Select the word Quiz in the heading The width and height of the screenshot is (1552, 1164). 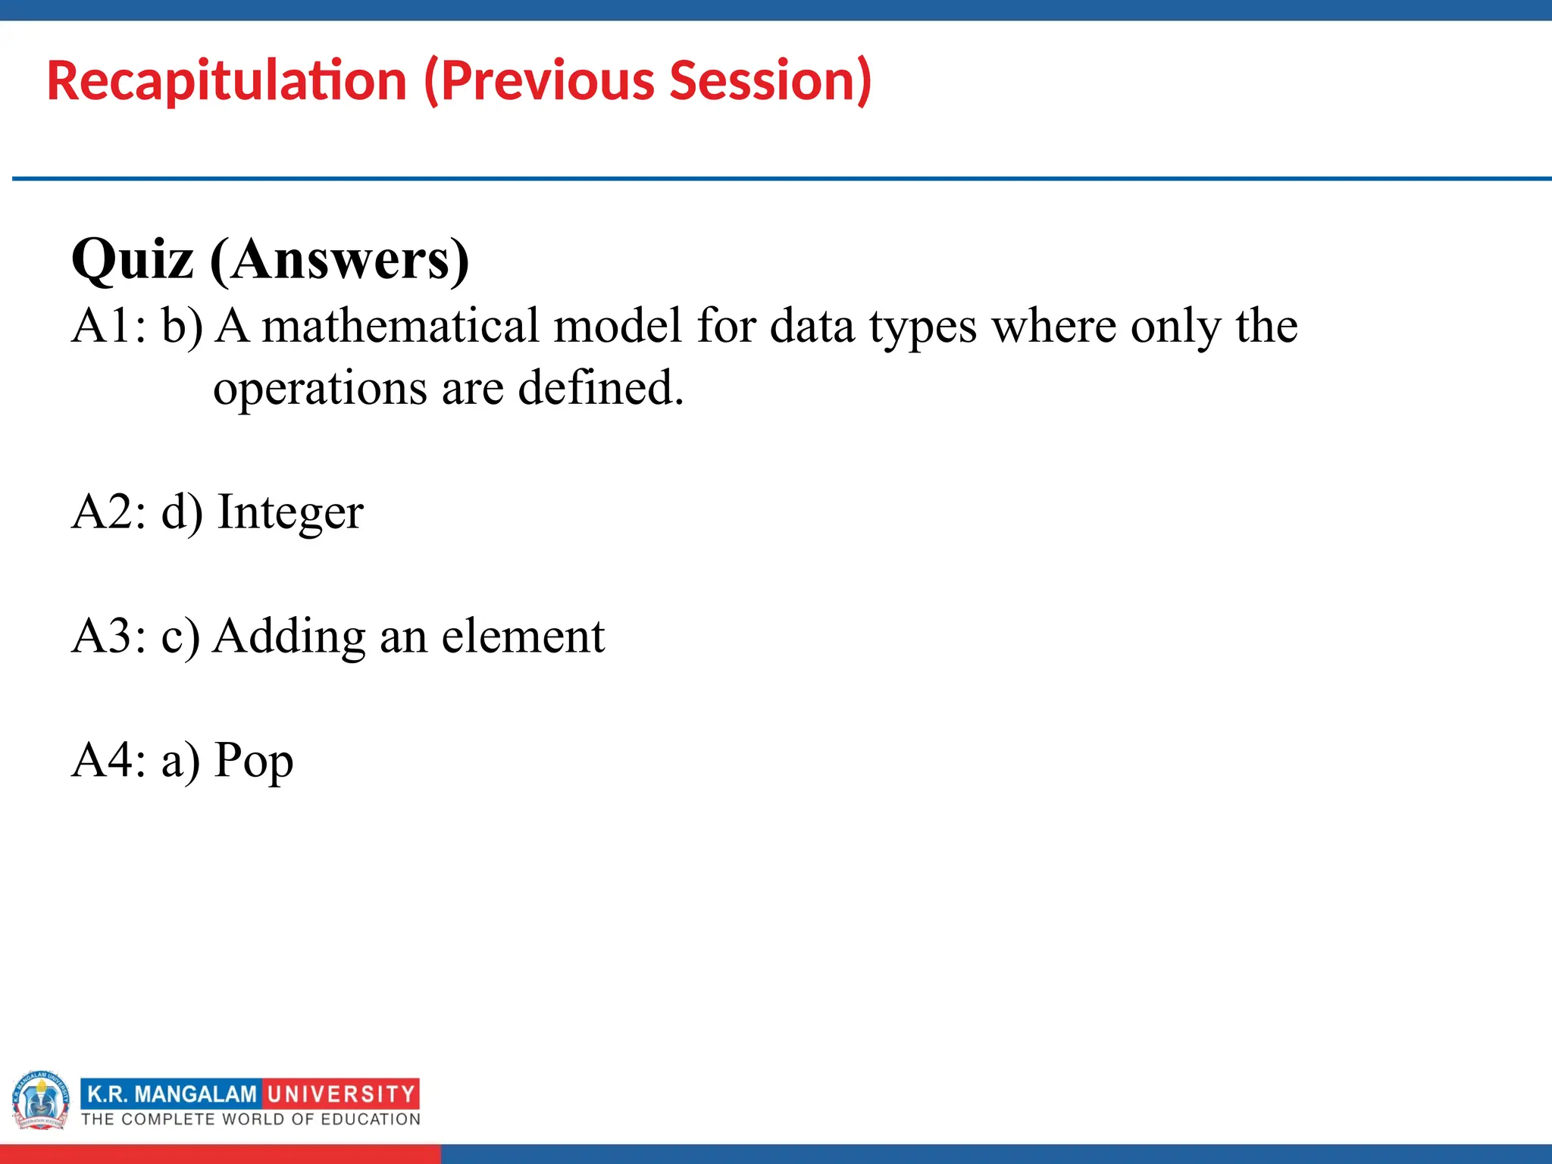(x=133, y=260)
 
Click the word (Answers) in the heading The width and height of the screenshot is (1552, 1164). (x=339, y=260)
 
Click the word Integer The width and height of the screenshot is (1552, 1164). (x=291, y=512)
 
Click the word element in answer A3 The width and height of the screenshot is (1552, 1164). (x=523, y=636)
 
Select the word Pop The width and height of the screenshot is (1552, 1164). (x=254, y=760)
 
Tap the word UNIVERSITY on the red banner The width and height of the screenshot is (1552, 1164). (x=341, y=1094)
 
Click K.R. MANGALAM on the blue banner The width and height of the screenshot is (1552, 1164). (x=172, y=1094)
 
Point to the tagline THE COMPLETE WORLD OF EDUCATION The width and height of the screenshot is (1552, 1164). (x=251, y=1119)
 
